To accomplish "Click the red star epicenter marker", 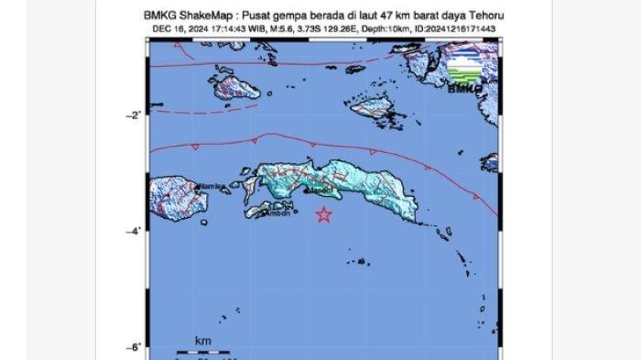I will pyautogui.click(x=323, y=215).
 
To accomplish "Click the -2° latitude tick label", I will pyautogui.click(x=134, y=115).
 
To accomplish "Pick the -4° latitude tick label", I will pyautogui.click(x=134, y=231).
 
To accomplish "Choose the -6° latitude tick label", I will pyautogui.click(x=134, y=346).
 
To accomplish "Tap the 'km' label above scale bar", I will pyautogui.click(x=202, y=341).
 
